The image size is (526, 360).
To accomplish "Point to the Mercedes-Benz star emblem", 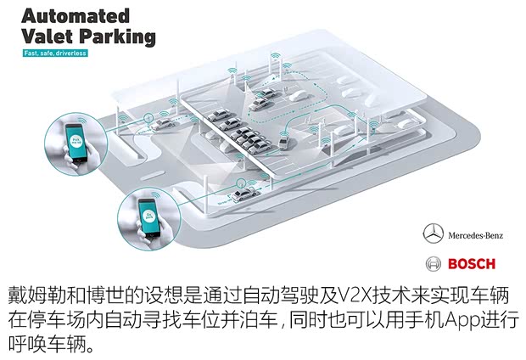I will tap(433, 233).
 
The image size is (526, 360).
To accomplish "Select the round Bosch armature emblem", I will tap(434, 262).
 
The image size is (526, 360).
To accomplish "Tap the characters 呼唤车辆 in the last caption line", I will tap(53, 346).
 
